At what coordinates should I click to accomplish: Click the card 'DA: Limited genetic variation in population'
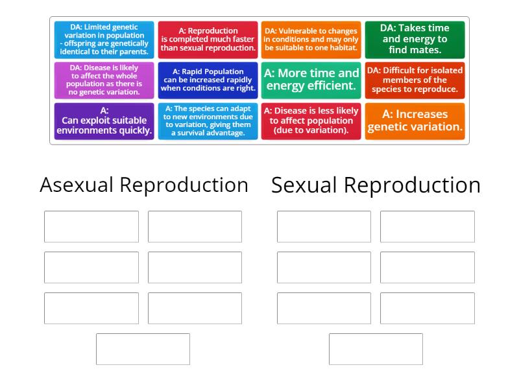[104, 40]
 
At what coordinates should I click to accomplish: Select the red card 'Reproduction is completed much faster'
[208, 40]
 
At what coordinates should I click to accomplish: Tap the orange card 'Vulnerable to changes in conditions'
[311, 40]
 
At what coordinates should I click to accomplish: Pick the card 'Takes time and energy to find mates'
[415, 40]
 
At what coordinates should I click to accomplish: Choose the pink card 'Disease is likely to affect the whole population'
[104, 80]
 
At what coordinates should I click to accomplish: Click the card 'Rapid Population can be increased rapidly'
[208, 80]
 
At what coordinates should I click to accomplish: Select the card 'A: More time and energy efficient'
[311, 80]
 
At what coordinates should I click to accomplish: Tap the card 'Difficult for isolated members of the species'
[415, 80]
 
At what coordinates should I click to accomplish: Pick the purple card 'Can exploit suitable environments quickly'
[104, 121]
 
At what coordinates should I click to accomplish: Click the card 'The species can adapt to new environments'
[208, 121]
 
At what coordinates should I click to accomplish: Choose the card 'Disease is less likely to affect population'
[311, 121]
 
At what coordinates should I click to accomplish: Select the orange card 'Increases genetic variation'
[415, 121]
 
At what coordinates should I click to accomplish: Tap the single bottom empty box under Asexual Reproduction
[143, 349]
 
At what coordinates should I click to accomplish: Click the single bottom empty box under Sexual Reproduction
[376, 349]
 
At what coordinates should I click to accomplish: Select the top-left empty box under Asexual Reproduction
[91, 226]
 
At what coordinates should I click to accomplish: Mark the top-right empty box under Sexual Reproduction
[427, 226]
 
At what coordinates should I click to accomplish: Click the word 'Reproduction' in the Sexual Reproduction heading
[412, 185]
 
